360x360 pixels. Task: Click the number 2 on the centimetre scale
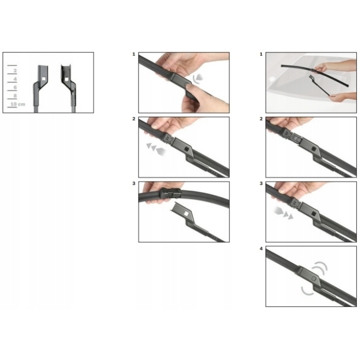click(15, 71)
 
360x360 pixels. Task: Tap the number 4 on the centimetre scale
click(15, 79)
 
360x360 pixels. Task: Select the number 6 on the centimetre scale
click(15, 87)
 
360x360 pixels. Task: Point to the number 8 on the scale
click(15, 96)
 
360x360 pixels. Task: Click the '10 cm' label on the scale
click(18, 104)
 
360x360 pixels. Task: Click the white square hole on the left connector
click(43, 79)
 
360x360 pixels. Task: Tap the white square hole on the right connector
click(66, 79)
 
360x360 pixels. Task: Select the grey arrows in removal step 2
click(156, 149)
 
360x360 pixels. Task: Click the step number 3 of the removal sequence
click(134, 184)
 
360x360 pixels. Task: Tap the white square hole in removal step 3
click(186, 214)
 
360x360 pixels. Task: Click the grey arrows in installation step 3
click(283, 213)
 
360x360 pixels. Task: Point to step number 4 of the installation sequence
click(261, 248)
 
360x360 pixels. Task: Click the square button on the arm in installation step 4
click(314, 279)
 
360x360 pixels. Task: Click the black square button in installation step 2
click(314, 149)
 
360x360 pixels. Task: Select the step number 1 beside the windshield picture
click(261, 54)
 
